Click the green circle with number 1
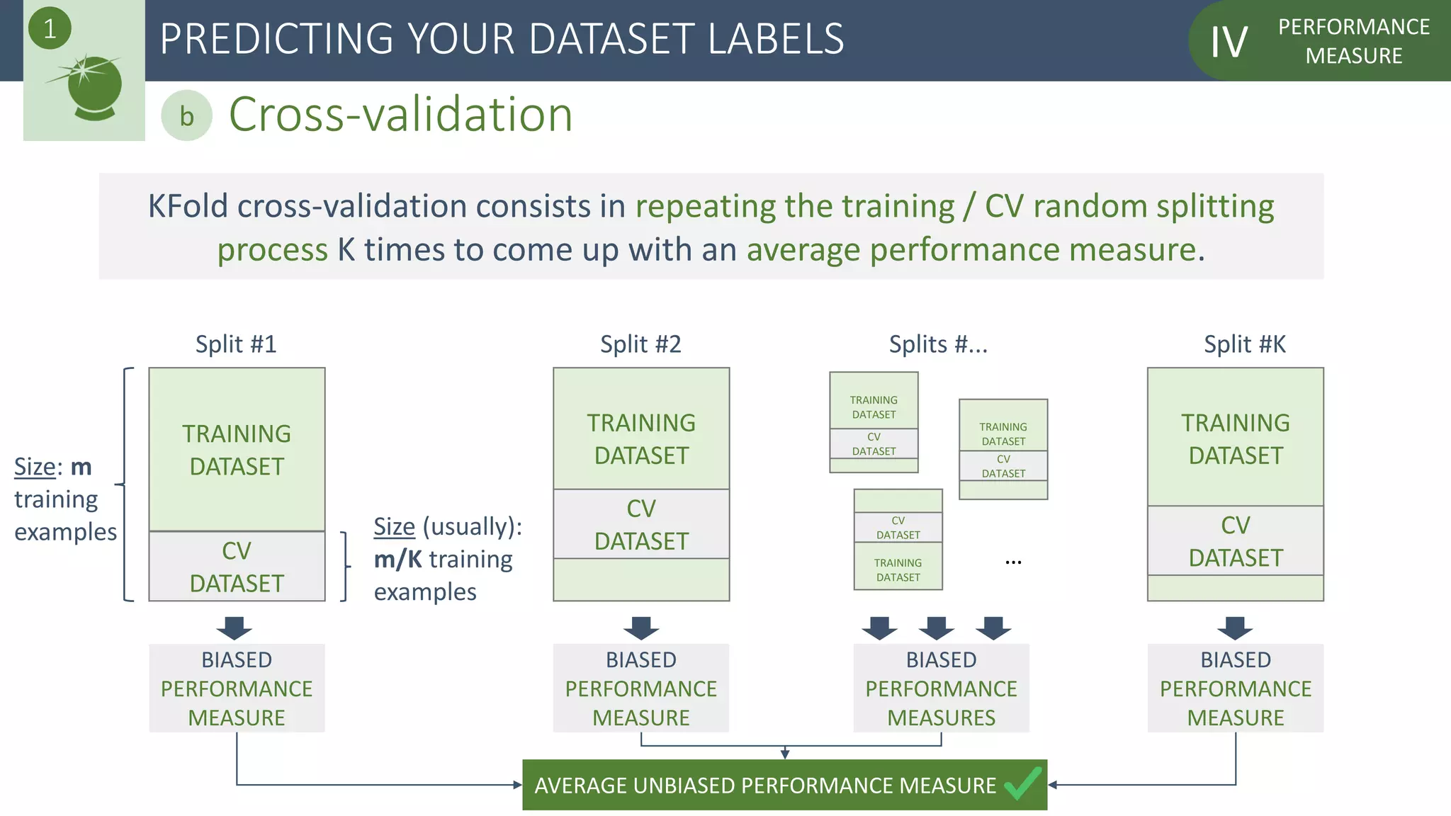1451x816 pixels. click(50, 29)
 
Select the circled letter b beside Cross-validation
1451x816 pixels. click(186, 116)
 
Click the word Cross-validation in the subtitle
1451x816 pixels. click(400, 115)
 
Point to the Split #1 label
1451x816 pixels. click(236, 344)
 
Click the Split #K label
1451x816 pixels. click(1244, 344)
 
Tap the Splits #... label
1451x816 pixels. click(938, 344)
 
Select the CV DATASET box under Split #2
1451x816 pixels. click(641, 524)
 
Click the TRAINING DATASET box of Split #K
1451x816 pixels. click(1235, 438)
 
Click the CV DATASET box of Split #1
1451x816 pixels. click(237, 567)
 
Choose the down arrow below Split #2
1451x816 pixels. click(641, 628)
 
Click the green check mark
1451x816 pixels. click(1022, 783)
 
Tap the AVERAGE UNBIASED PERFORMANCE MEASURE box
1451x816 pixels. click(765, 785)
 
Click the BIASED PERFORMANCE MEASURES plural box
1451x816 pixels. click(941, 688)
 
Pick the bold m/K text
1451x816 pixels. click(397, 560)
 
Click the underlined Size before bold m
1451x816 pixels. click(35, 467)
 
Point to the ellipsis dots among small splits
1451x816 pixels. click(1013, 562)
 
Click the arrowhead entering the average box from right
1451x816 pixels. click(1053, 785)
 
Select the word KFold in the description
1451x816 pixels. click(188, 207)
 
